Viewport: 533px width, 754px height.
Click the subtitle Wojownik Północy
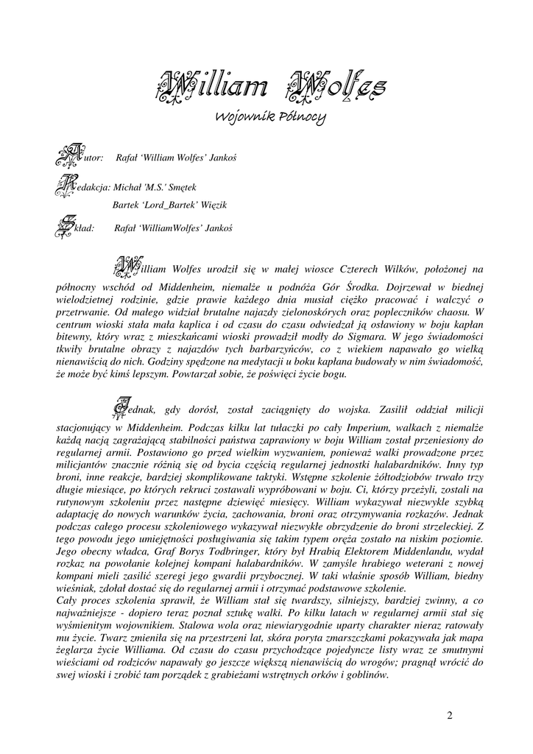pos(269,117)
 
